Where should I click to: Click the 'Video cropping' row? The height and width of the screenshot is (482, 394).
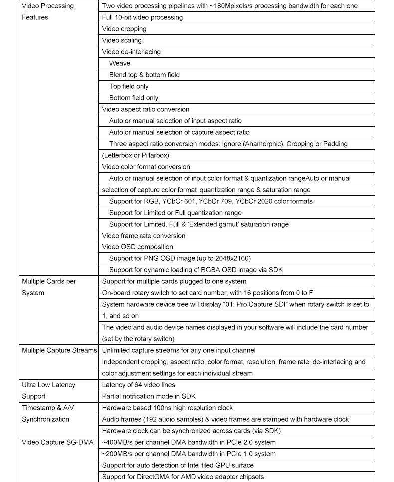tap(117, 29)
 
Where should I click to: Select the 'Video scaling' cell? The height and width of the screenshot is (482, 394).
tap(122, 40)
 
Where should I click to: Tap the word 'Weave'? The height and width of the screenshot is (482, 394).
tap(120, 63)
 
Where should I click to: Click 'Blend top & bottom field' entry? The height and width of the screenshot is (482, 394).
tap(144, 75)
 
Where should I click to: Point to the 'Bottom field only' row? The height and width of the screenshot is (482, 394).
tap(134, 98)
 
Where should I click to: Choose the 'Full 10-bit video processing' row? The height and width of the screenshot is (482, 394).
tap(142, 17)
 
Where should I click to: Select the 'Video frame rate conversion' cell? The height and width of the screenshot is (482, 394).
tap(143, 236)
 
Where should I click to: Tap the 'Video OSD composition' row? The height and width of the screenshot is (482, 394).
tap(137, 247)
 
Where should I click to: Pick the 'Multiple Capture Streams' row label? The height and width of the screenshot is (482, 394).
tap(59, 350)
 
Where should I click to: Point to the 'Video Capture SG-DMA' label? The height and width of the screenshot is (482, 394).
tap(58, 442)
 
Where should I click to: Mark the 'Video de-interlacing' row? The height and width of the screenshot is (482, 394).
tap(131, 52)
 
